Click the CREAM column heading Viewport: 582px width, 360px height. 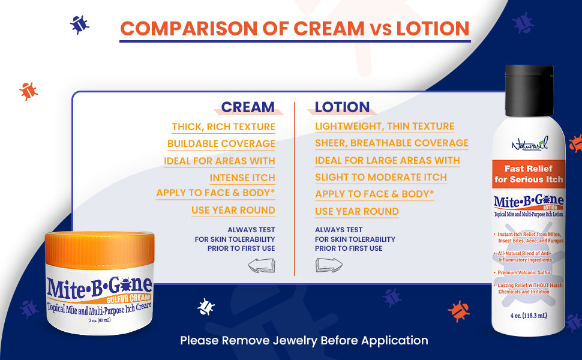click(x=248, y=107)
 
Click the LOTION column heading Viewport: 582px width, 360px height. click(x=342, y=107)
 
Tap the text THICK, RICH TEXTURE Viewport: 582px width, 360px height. click(x=223, y=127)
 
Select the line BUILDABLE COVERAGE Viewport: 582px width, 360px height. click(x=221, y=143)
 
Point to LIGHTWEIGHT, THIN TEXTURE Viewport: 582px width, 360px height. click(x=385, y=127)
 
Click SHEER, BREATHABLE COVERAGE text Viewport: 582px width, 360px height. click(x=392, y=143)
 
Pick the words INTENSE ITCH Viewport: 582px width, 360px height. click(x=242, y=178)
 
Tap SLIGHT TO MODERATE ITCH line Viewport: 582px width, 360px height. click(x=381, y=178)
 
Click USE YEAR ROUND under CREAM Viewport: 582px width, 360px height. click(x=233, y=211)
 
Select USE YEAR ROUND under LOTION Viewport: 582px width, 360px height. click(x=357, y=211)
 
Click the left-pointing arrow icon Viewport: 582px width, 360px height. click(x=262, y=265)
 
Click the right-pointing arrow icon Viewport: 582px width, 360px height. click(x=329, y=265)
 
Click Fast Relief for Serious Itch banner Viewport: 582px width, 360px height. click(x=529, y=174)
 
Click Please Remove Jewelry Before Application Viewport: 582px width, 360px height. click(x=304, y=340)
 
